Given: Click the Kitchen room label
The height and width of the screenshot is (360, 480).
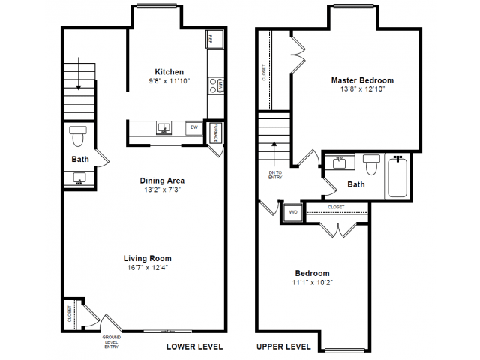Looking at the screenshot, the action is coord(169,72).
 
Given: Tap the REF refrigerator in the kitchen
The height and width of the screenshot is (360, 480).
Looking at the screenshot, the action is coord(215,39).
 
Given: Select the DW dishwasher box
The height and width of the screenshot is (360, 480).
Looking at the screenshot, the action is coord(194,128).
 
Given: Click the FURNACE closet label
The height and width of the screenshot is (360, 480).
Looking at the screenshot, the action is coord(215,133).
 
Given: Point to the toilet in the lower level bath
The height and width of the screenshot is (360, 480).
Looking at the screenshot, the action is coord(78,136).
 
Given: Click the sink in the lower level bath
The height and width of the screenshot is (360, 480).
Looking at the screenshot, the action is coord(79,178).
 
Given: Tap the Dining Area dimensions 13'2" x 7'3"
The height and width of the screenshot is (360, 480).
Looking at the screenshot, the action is coord(162,190).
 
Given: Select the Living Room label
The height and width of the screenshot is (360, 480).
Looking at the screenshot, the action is coord(148,258).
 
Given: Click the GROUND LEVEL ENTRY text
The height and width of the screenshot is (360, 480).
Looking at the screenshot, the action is coord(112,342).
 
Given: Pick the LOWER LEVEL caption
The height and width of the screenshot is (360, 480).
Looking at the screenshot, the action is coord(195,346).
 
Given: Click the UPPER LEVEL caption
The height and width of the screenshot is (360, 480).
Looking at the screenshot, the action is coord(283,346).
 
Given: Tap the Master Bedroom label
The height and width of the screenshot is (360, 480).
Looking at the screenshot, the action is coord(362,80).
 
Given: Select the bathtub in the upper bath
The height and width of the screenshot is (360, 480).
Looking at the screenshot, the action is coord(397,177).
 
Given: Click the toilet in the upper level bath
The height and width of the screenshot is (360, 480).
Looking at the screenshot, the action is coord(371,164).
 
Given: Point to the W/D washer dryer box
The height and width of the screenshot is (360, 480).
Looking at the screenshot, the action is coord(293,212).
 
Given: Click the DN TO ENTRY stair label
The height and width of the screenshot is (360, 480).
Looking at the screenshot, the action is coord(275,175).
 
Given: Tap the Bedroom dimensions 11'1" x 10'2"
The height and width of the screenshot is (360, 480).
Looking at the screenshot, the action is coord(313,282).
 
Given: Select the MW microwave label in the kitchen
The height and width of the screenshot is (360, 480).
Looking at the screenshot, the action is coord(220,85).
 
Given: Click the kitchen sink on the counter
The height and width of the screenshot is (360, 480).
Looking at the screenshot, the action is coord(163,128).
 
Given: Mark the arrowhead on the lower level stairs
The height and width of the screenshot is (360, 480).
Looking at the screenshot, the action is coord(79,87).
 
